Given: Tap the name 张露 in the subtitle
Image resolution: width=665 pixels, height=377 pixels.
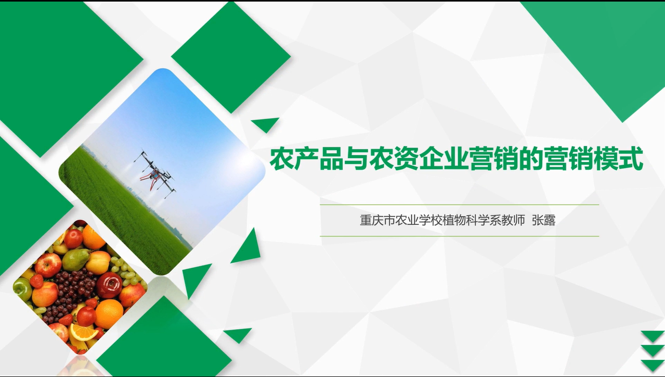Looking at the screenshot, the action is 543,221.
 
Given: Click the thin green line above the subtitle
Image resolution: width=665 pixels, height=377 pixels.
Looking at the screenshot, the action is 459,205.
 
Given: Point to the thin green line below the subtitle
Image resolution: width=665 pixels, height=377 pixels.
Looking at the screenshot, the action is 459,236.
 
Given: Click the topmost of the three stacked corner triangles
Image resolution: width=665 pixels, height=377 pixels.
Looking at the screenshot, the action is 653,336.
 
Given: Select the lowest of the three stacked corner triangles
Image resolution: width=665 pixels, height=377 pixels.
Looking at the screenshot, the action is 653,366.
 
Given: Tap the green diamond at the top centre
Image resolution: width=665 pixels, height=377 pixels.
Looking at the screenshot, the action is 231,57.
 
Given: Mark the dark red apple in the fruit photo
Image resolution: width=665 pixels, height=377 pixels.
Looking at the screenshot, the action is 109,284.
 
